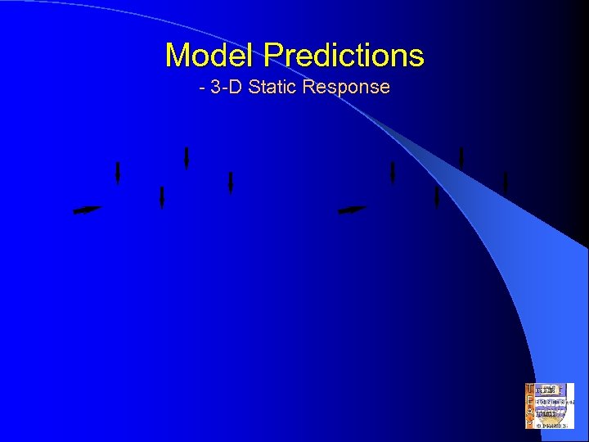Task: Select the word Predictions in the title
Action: [x=344, y=56]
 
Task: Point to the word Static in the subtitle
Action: [x=273, y=87]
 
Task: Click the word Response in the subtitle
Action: [x=345, y=87]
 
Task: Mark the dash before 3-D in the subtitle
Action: [x=202, y=88]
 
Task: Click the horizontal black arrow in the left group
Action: [x=87, y=210]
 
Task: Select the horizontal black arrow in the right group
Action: [x=353, y=210]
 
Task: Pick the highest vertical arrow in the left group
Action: [x=187, y=157]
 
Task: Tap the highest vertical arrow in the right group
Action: [x=461, y=157]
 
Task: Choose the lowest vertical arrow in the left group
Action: [x=162, y=197]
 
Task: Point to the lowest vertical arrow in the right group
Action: [x=437, y=197]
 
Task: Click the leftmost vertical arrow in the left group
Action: [x=118, y=173]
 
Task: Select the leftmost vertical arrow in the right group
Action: [x=393, y=173]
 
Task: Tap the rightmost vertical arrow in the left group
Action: [x=231, y=183]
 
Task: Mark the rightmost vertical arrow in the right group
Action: [x=506, y=183]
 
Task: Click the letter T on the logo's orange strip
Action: [x=529, y=390]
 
